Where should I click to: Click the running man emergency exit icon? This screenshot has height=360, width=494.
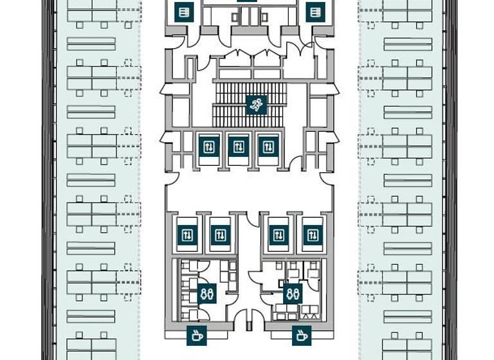pos(256,105)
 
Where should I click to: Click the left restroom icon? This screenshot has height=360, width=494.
pos(207,294)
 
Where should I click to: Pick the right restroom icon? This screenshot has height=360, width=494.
pos(293,294)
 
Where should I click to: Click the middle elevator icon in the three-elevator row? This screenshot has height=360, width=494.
pos(239,147)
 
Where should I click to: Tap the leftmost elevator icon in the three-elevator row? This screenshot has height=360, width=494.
pos(209,147)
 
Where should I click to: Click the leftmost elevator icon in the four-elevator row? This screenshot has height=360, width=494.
pos(187,235)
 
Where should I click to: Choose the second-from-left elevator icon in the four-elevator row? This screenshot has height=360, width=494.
pos(220,235)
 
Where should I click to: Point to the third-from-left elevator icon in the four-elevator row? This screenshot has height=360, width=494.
pos(279,235)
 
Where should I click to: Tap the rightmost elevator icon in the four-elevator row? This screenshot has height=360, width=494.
pos(311,235)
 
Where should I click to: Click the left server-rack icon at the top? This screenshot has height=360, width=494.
pos(185,12)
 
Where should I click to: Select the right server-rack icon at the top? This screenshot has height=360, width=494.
pos(315,12)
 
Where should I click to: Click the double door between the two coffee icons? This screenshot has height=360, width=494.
pos(249,319)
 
